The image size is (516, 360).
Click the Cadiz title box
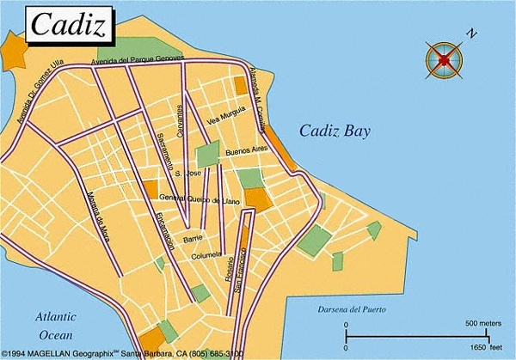pos(71,26)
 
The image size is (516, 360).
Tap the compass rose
pos(444,59)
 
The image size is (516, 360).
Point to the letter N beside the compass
pos(470,34)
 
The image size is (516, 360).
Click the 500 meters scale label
pos(482,323)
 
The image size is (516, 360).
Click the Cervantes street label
pos(181,121)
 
